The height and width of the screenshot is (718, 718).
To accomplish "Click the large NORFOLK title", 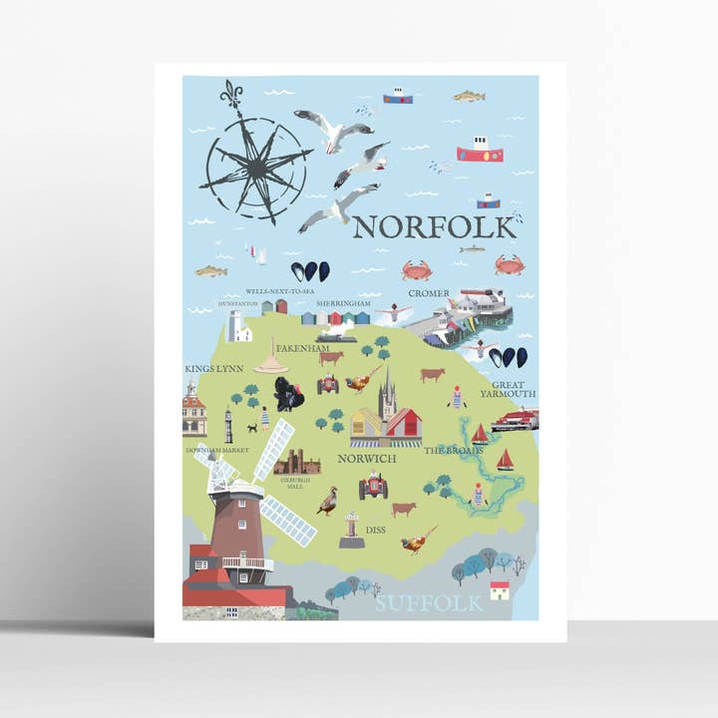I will coord(435,227).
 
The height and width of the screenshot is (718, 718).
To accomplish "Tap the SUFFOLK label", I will coord(430,602).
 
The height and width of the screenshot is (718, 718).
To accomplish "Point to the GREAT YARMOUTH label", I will coord(514,389).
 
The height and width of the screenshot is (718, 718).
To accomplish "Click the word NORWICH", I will coord(367,459).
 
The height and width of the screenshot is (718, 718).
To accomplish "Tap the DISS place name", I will coord(375,531).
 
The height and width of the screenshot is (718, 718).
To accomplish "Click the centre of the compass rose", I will coord(256,166).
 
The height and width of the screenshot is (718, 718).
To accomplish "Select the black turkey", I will coord(290,394).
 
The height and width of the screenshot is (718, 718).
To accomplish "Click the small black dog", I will coord(251,429).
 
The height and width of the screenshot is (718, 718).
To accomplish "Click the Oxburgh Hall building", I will coord(297,462).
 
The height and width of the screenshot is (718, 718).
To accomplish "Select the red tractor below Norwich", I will coord(374,486).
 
